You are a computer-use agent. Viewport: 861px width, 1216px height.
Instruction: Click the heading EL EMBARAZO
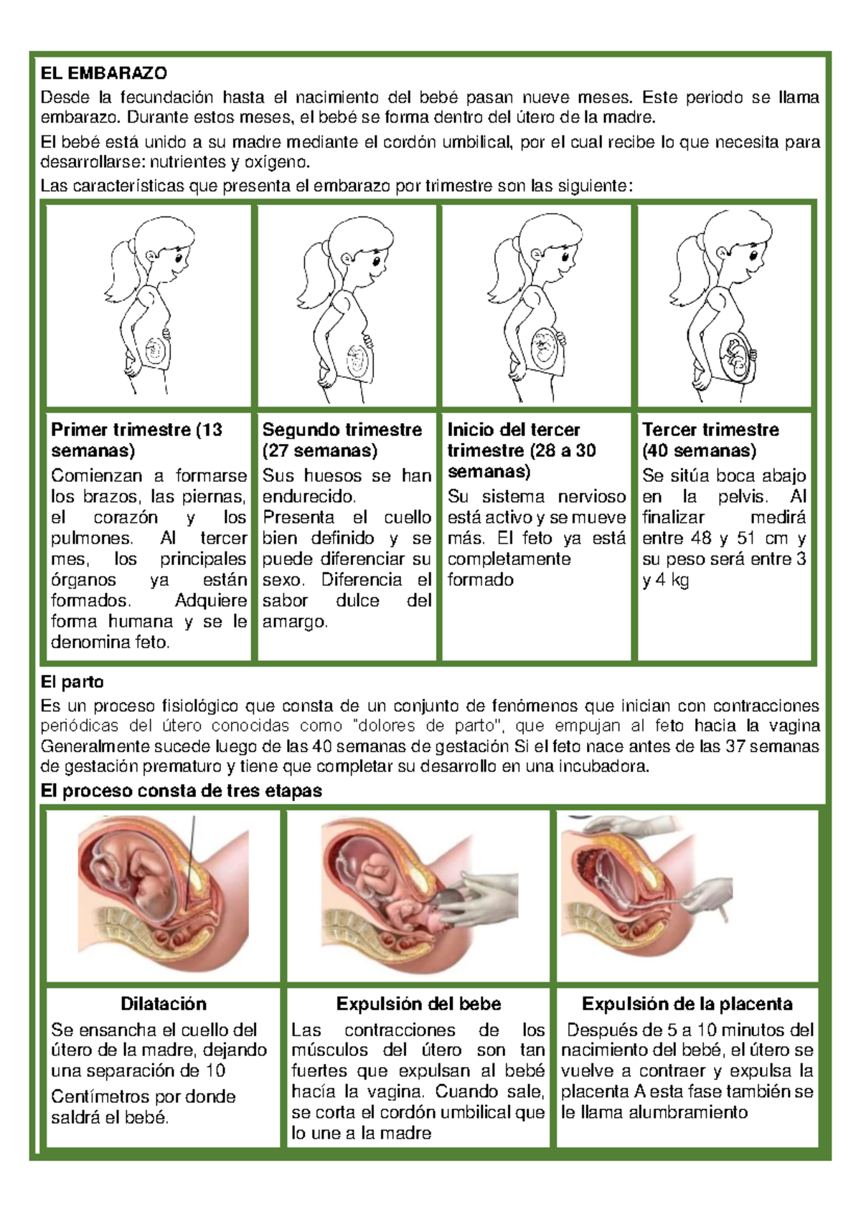coord(104,72)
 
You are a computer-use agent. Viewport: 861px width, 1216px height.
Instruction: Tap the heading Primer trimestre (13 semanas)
coord(137,440)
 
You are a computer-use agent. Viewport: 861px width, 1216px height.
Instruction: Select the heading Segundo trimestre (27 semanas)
coord(342,440)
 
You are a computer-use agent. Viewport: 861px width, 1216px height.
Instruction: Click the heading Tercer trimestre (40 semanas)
coord(710,440)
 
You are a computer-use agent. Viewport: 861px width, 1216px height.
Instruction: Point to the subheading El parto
coord(72,682)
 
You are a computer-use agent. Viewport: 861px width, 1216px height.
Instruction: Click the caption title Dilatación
coord(164,1004)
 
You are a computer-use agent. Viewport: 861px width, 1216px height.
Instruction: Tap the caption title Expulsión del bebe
coord(418,1004)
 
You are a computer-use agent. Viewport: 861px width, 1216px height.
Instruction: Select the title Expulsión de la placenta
coord(687,1004)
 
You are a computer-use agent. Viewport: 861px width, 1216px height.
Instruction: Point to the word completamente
coord(509,560)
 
